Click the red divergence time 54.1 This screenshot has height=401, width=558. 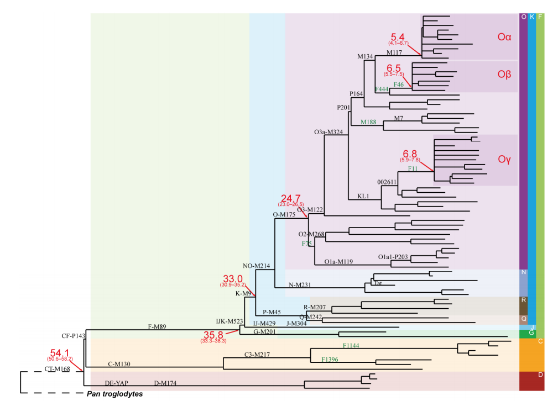click(60, 352)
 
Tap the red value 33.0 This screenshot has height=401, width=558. click(233, 278)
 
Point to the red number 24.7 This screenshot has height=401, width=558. click(291, 198)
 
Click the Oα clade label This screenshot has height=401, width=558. click(503, 38)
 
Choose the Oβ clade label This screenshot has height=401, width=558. click(503, 75)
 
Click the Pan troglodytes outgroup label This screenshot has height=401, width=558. click(115, 394)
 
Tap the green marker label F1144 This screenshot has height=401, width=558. click(352, 345)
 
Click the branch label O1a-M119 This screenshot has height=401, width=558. click(338, 261)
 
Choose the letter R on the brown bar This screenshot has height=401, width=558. click(524, 300)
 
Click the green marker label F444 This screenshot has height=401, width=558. click(382, 89)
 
